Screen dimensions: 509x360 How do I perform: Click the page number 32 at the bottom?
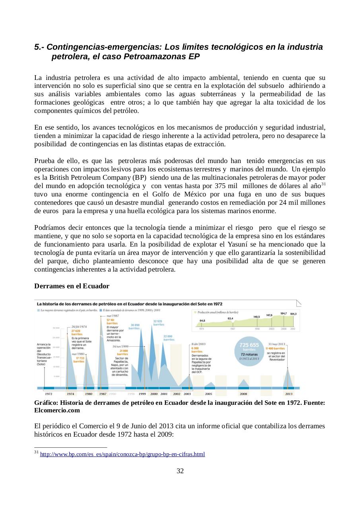tap(180, 471)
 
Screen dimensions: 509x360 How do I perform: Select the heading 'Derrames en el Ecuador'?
tap(72, 286)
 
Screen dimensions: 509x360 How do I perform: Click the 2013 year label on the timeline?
tap(289, 394)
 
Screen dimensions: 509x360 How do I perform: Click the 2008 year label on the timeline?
tap(243, 394)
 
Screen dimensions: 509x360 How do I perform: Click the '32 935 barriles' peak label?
tap(158, 322)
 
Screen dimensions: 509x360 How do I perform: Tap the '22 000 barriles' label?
tap(169, 338)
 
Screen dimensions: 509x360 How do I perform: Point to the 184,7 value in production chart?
tap(283, 313)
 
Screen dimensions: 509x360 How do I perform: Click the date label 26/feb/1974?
tap(79, 326)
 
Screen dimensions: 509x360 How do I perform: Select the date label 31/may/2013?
tap(276, 344)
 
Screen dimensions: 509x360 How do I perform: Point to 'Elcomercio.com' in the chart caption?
tap(57, 410)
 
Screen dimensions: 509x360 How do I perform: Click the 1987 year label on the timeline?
tap(103, 394)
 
